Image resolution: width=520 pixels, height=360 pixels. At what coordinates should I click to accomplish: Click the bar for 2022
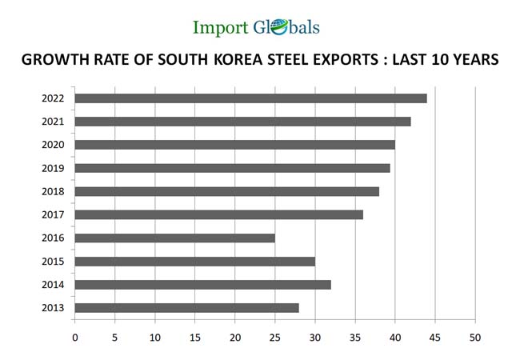[x=250, y=98]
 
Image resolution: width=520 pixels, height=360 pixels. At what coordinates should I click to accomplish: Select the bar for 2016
[x=174, y=238]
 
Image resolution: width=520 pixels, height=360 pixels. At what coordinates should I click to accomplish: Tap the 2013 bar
[x=186, y=308]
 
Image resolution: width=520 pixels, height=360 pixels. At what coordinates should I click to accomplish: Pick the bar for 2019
[x=232, y=168]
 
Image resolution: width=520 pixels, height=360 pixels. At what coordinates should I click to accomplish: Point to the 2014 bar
[x=202, y=285]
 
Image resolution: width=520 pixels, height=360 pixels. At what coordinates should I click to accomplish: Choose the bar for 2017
[x=218, y=214]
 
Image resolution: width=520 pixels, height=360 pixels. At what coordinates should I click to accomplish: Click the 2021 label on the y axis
[x=53, y=122]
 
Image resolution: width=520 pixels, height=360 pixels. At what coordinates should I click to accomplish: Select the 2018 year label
[x=53, y=191]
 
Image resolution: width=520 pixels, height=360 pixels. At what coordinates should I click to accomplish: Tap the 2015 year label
[x=53, y=262]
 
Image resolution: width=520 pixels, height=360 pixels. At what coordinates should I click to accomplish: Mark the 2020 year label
[x=53, y=145]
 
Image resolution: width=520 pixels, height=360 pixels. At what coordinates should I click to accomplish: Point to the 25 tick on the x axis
[x=275, y=337]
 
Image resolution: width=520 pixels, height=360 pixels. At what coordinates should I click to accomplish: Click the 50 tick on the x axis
[x=475, y=337]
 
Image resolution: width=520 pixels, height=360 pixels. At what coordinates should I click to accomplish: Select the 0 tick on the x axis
[x=75, y=337]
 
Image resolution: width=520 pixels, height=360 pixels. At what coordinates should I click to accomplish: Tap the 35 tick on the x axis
[x=355, y=337]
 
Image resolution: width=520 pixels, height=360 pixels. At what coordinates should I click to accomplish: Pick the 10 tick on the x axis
[x=155, y=337]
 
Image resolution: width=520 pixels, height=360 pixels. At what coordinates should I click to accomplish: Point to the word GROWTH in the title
[x=50, y=61]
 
